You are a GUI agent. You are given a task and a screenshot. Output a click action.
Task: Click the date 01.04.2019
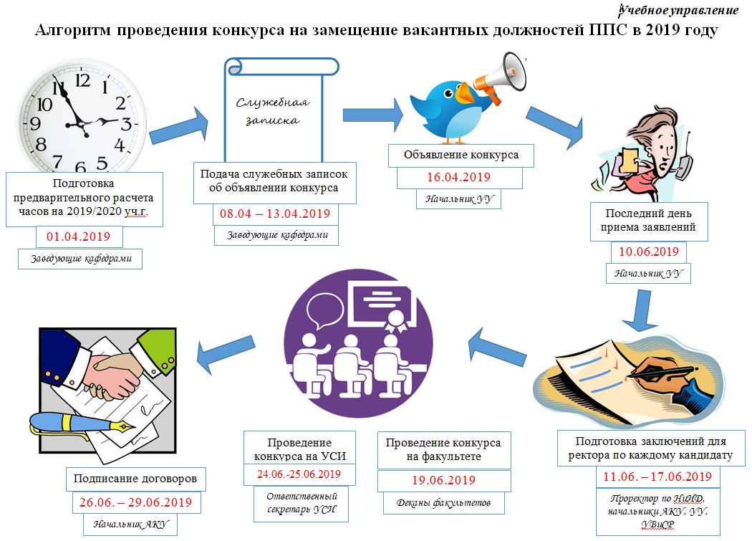[78, 236]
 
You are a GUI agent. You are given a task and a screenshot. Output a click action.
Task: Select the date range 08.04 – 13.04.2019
[275, 214]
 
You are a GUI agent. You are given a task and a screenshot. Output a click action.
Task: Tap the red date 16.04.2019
[458, 177]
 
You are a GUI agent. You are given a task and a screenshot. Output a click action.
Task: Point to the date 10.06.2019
[648, 252]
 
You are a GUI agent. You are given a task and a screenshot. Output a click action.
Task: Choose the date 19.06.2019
[443, 480]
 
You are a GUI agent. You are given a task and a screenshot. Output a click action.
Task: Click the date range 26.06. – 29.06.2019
[135, 502]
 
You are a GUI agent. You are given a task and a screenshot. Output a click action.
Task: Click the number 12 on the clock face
[82, 80]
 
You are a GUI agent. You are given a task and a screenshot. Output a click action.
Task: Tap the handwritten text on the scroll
[273, 111]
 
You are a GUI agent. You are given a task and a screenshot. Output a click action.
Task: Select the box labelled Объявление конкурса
[461, 155]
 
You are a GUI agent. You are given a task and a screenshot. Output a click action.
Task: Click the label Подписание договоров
[135, 479]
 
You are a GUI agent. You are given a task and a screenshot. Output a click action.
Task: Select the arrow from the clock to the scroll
[179, 127]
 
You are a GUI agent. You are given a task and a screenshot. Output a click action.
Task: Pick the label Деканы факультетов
[443, 503]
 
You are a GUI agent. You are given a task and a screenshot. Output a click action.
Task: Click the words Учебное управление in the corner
[678, 10]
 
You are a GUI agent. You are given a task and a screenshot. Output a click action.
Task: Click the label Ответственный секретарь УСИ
[302, 503]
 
